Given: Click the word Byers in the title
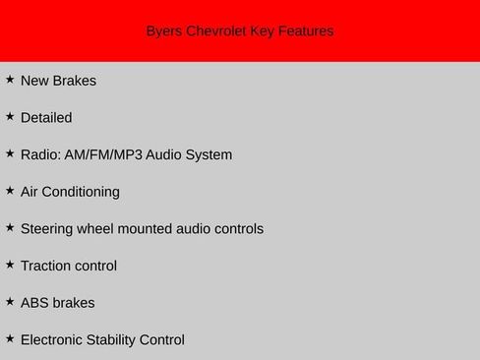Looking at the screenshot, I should tap(163, 31).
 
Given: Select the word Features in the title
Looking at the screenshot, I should tap(305, 31).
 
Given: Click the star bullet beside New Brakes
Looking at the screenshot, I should tap(10, 79).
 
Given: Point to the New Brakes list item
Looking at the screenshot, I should tap(58, 81).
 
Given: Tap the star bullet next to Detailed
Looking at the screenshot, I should tap(10, 116).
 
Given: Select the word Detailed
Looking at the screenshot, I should tap(46, 118).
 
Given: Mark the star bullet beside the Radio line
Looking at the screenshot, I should tap(10, 153).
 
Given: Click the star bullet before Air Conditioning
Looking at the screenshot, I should tap(10, 190).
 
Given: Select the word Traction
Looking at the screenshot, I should tap(46, 266).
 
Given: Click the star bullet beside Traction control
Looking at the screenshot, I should tap(10, 265).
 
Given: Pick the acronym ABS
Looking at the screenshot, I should tap(34, 303).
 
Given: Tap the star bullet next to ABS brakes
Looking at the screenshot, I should tap(10, 301).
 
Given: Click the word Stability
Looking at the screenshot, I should tap(109, 340).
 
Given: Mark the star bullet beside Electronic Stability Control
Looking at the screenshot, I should tap(10, 338).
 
